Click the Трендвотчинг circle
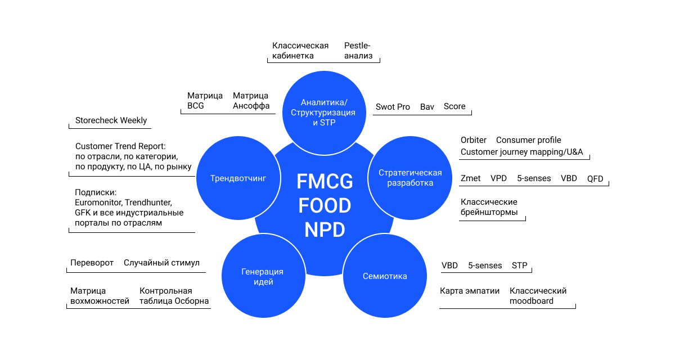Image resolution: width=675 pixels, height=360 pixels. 237,178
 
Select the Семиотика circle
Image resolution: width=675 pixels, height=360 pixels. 385,276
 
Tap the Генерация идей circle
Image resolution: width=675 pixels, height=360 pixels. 263,276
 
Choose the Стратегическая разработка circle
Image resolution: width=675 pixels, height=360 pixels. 410,178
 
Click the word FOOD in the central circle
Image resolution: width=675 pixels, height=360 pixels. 325,206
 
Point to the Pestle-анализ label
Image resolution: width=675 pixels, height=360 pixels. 358,51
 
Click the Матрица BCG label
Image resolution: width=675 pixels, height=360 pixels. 205,101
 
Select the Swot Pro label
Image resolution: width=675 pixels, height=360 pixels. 393,106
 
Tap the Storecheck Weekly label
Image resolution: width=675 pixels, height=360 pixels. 111,120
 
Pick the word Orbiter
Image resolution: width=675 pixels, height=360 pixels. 474,140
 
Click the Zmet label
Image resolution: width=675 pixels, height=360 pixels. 470,178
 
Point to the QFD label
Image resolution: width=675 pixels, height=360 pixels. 595,179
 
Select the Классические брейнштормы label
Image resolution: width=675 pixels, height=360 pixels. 489,207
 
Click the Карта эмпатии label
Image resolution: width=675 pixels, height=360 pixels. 470,291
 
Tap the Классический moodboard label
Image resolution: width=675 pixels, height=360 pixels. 538,296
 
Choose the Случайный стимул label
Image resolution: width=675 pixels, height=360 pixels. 161,263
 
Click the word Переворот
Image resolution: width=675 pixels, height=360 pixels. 92,263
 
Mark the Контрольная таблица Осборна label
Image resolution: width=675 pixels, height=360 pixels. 174,296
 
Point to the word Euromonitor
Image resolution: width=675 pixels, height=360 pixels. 97,202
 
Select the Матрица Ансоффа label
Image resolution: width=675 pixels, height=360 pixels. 251,101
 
